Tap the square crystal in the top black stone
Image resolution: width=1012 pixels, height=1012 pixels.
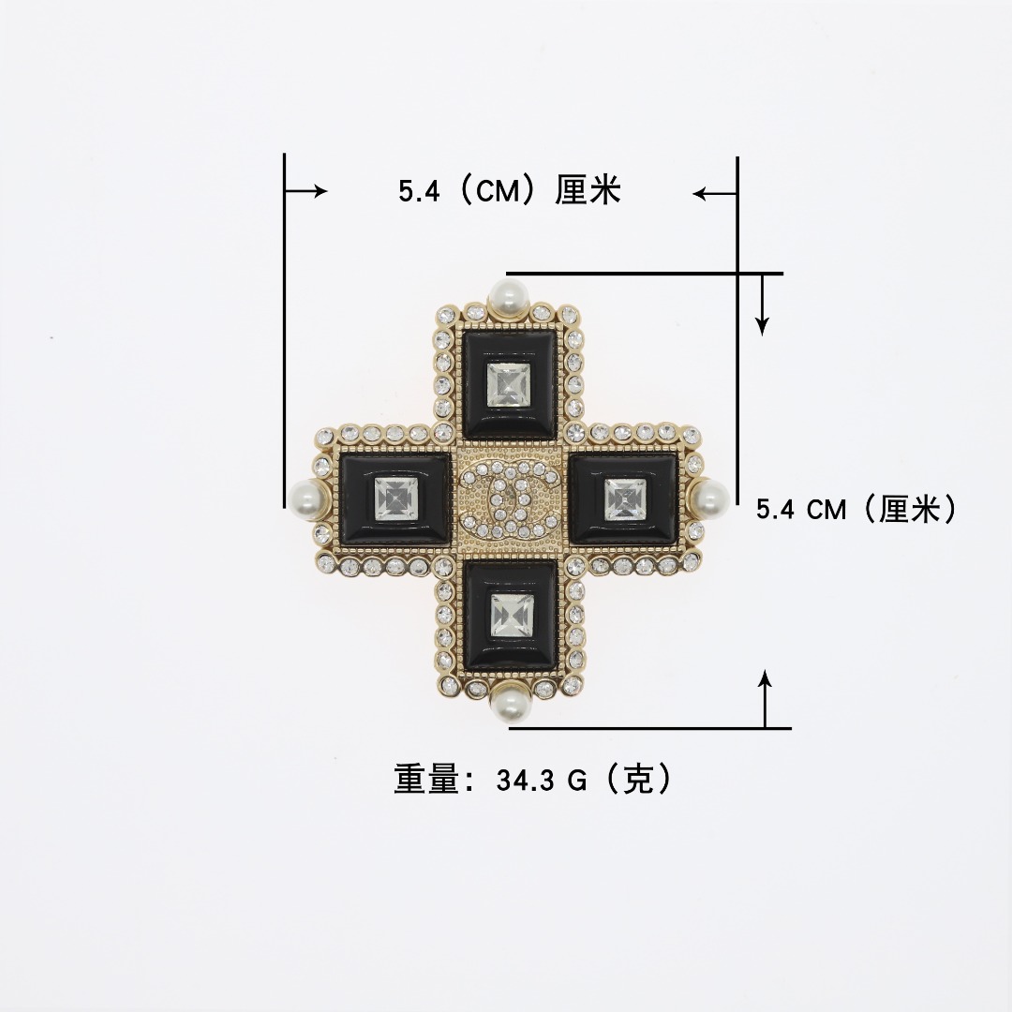[x=507, y=383]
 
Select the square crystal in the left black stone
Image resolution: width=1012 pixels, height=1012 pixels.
[x=394, y=498]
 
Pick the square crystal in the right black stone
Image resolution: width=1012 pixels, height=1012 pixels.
[x=624, y=497]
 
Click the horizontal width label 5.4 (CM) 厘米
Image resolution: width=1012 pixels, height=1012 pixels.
[x=510, y=192]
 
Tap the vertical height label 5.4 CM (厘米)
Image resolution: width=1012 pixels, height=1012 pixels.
[x=856, y=510]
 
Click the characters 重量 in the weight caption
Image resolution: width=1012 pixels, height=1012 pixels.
[x=426, y=780]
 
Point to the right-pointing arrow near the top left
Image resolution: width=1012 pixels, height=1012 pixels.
[x=306, y=192]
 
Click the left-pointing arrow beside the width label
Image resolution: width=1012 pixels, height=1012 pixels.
[x=714, y=194]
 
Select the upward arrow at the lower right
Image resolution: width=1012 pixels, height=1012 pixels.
[x=766, y=699]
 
